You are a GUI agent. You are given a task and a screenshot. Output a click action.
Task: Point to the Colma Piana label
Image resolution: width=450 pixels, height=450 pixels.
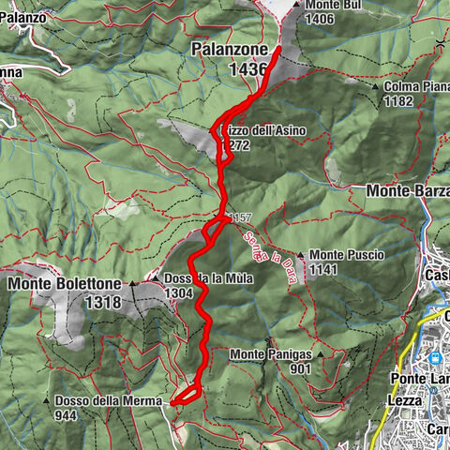coord(417,85)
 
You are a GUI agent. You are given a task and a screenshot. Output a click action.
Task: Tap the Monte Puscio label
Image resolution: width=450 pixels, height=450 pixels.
coord(344,254)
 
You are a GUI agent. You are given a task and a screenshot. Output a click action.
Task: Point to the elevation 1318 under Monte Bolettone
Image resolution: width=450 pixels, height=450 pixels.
coord(102,302)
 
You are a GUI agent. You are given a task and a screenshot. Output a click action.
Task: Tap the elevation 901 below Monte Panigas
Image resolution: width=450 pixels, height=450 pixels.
coord(301,368)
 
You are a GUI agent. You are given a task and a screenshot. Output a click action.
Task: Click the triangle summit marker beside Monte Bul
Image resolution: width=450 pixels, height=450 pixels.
coord(296,5)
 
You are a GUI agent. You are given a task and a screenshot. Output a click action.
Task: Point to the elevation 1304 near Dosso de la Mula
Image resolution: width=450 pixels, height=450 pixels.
coord(179,292)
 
